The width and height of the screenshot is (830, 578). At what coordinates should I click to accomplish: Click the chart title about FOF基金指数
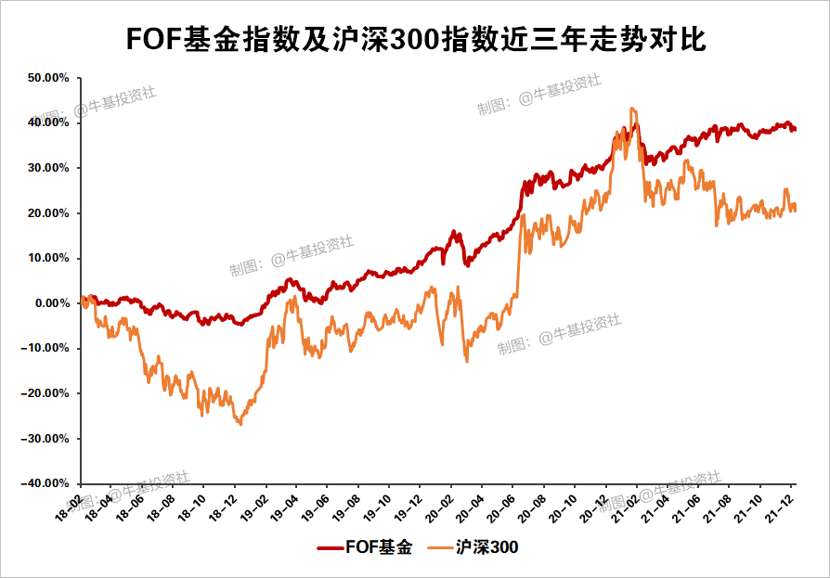click(415, 40)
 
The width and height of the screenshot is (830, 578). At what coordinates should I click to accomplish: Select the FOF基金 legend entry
click(364, 547)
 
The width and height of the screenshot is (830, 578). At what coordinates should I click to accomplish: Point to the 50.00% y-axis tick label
click(49, 78)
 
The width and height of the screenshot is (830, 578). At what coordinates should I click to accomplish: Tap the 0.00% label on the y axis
click(52, 303)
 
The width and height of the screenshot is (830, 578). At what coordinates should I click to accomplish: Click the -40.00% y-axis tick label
click(47, 483)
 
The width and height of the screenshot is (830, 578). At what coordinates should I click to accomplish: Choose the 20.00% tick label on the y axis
click(49, 213)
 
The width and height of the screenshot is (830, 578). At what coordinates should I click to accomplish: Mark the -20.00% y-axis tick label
click(47, 393)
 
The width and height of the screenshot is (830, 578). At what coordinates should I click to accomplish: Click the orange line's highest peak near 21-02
click(632, 109)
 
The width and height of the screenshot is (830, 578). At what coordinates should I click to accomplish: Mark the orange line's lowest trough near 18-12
click(240, 424)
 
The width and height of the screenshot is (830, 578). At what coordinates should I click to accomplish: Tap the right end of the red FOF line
click(795, 130)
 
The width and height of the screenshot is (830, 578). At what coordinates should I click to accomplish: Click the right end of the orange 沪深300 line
click(795, 210)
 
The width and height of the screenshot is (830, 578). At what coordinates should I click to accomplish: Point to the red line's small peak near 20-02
click(454, 232)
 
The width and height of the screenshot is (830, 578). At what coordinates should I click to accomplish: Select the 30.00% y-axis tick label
click(49, 168)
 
